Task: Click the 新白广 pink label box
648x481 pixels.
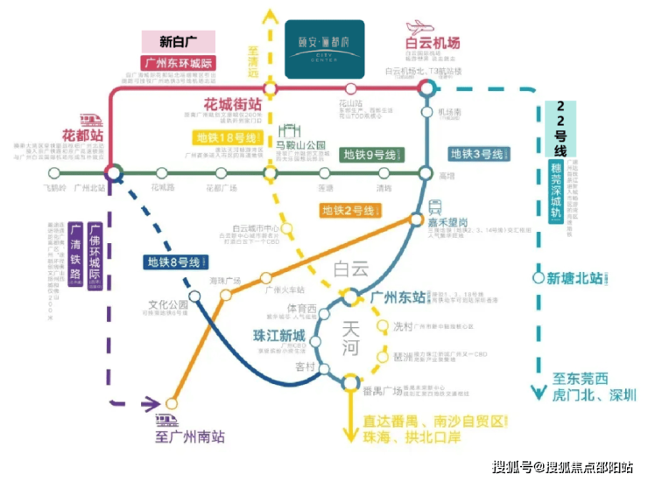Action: pos(179,41)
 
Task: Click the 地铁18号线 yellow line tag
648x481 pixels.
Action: pos(228,138)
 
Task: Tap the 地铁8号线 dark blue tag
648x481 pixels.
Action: pos(176,261)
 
